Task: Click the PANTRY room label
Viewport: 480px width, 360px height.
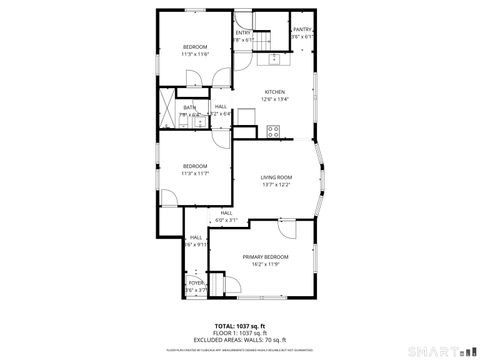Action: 303,30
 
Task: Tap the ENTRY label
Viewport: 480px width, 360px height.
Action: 243,33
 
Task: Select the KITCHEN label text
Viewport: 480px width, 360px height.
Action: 274,92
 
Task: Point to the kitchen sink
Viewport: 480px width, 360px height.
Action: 273,58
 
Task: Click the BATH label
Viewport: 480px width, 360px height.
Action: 189,107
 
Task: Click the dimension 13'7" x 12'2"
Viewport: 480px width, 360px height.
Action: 276,184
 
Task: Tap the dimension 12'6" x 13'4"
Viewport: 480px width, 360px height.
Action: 274,99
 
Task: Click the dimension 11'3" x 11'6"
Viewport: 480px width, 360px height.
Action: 194,54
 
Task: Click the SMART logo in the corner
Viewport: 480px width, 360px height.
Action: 441,351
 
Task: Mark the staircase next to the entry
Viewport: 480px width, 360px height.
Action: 263,38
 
